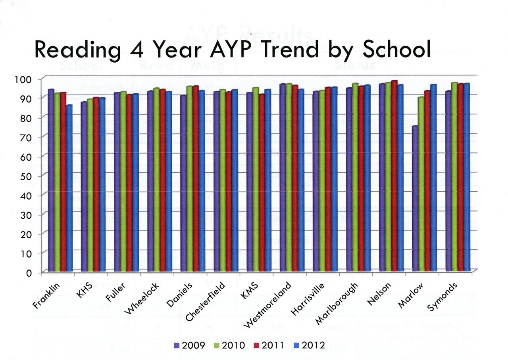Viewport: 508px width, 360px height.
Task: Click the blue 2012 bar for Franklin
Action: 69,189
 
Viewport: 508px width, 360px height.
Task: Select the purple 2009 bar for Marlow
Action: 414,198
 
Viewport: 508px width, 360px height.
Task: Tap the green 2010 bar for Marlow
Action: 421,185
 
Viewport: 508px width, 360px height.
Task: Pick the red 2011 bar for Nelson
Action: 394,177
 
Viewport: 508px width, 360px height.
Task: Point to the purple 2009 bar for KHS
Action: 84,187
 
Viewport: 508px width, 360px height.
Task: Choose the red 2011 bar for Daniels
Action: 196,179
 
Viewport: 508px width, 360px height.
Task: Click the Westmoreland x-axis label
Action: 268,306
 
